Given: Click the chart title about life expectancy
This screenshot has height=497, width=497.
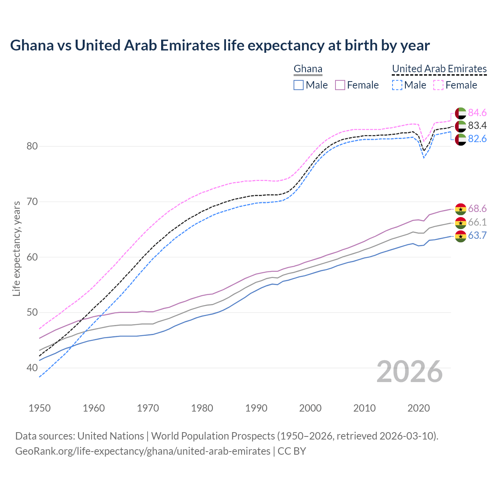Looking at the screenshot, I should [x=220, y=45].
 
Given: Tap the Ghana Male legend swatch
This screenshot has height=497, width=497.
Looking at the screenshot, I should [x=298, y=85].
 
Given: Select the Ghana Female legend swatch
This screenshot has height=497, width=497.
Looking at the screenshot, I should [x=340, y=85].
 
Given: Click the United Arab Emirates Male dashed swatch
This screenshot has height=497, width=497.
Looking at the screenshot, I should [x=397, y=85].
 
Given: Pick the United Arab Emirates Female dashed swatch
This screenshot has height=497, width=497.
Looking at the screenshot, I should [x=438, y=85].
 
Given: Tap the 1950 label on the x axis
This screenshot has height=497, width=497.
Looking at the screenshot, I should [x=40, y=408].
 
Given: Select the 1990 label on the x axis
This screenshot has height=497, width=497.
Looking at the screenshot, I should [x=256, y=408].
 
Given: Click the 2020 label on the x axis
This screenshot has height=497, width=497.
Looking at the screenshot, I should [x=419, y=408].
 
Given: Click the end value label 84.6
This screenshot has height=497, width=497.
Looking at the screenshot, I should [x=477, y=113].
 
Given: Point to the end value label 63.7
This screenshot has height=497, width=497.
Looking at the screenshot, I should [x=477, y=235].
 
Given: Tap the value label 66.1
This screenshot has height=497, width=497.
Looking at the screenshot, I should [x=477, y=222].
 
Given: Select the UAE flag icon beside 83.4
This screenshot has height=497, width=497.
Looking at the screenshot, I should [x=461, y=126].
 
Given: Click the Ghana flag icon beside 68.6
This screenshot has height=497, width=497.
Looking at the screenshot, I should [x=461, y=209].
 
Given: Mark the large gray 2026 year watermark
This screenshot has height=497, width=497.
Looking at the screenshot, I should [x=410, y=372].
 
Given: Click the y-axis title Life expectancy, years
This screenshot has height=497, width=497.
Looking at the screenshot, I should [x=16, y=248].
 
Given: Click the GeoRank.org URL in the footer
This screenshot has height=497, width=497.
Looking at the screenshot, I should [x=142, y=451].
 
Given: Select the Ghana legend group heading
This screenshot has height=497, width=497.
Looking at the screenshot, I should [x=308, y=69].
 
